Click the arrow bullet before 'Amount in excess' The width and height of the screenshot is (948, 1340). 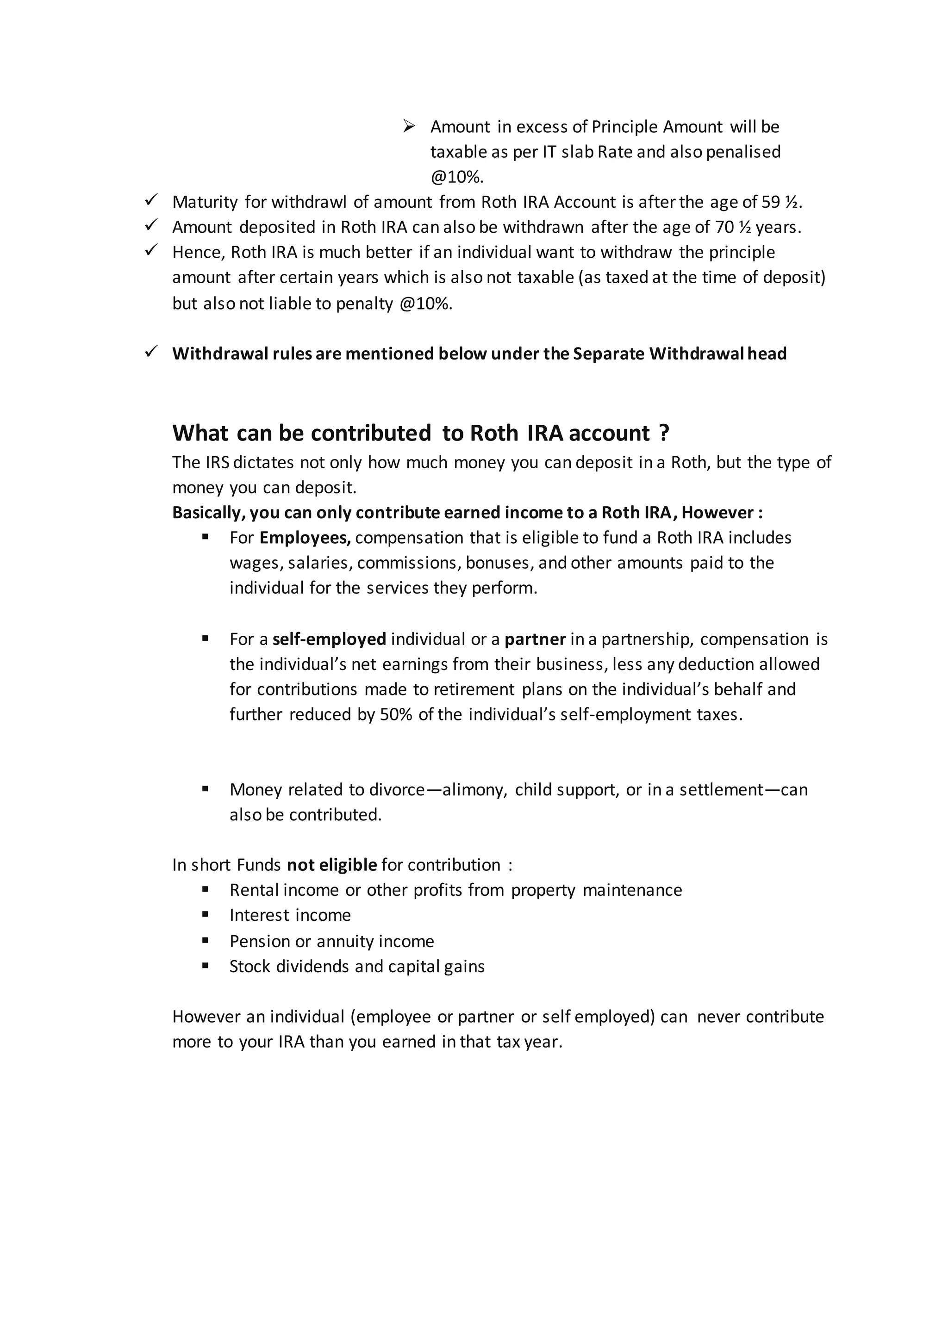(409, 126)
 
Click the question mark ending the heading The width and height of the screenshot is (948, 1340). (664, 433)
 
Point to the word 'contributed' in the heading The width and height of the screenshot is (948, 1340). (371, 433)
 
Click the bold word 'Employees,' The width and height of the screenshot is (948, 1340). (305, 538)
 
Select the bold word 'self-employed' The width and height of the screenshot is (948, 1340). (329, 639)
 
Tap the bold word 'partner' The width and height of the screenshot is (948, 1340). (535, 639)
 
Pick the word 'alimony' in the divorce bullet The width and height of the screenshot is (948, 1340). (474, 790)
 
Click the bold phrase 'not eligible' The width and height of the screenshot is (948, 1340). (331, 865)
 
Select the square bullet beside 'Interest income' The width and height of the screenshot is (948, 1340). (206, 914)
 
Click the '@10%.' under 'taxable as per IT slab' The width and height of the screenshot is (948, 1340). (457, 176)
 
